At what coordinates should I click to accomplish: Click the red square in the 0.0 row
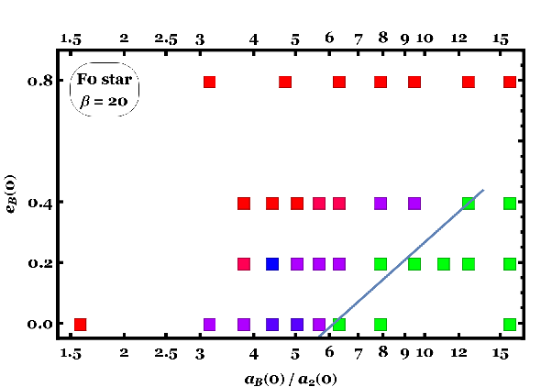click(x=81, y=325)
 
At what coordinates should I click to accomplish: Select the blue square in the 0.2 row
click(x=272, y=264)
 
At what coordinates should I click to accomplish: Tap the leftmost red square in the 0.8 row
click(x=209, y=82)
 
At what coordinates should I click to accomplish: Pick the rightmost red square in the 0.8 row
click(x=510, y=82)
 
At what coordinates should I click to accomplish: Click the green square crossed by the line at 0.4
click(x=469, y=204)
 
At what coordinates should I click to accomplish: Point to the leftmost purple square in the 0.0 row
click(x=209, y=325)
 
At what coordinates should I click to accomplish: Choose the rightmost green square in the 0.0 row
click(x=510, y=325)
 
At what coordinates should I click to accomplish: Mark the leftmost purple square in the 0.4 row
click(x=381, y=204)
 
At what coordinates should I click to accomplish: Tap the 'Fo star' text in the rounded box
click(x=105, y=79)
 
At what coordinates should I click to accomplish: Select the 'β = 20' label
click(x=104, y=102)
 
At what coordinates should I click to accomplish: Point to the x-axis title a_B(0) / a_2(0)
click(x=291, y=380)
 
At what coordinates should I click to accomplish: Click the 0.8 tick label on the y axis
click(x=39, y=82)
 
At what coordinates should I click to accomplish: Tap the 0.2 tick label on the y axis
click(x=39, y=263)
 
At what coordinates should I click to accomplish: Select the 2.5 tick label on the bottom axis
click(x=166, y=353)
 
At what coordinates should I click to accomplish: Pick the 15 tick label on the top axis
click(x=501, y=39)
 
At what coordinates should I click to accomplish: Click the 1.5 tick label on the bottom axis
click(x=71, y=353)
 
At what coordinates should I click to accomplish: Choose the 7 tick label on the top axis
click(x=358, y=39)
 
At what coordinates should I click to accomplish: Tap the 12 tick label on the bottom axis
click(x=458, y=352)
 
